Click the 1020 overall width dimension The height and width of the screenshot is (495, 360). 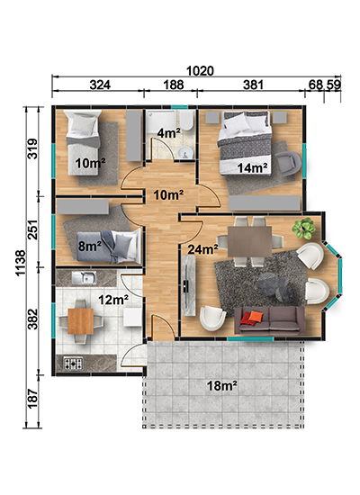(200, 71)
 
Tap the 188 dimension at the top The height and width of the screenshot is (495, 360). (174, 85)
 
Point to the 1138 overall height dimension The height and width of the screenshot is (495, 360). (21, 263)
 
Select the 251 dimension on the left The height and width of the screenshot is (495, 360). (32, 229)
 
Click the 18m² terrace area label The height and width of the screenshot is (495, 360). (222, 385)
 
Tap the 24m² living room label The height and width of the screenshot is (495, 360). (202, 249)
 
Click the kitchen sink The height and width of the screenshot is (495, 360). (84, 278)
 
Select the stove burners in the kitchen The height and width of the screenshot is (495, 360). (74, 363)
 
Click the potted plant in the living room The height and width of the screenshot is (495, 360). (304, 228)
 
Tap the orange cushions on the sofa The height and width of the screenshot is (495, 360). (251, 318)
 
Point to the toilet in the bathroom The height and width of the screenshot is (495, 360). (186, 121)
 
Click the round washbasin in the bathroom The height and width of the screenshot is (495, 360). (184, 153)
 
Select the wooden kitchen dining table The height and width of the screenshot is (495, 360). (81, 321)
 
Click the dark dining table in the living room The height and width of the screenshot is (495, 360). (250, 241)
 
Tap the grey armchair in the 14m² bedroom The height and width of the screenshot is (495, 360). (289, 163)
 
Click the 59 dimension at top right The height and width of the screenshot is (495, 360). (334, 85)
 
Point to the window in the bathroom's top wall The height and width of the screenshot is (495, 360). (180, 107)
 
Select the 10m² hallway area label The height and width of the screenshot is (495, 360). (168, 195)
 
